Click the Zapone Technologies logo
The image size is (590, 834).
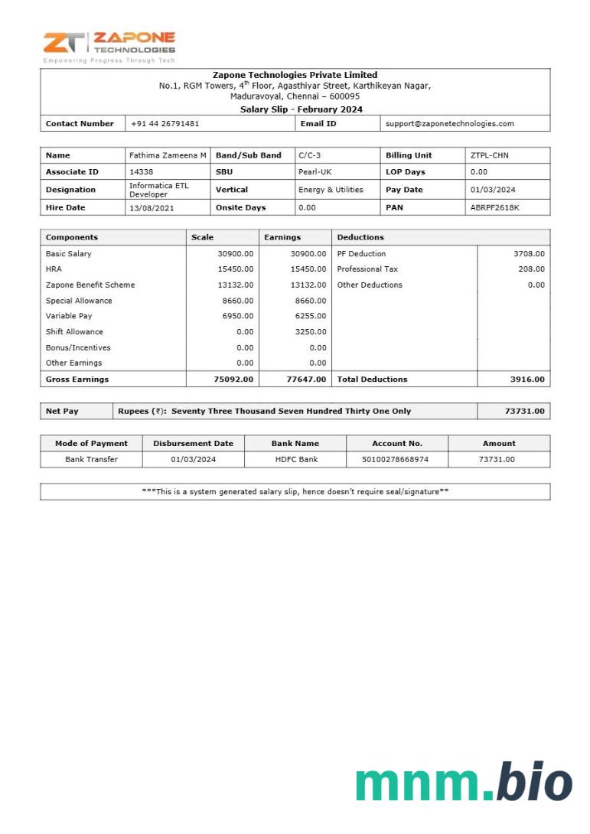tap(109, 46)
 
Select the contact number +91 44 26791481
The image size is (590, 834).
tap(165, 123)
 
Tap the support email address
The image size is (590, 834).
tap(449, 123)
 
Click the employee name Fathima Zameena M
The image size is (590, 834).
tap(168, 155)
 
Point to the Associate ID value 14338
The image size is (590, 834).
tap(142, 172)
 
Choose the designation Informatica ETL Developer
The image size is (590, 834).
tap(158, 190)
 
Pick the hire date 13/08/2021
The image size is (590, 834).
tap(150, 207)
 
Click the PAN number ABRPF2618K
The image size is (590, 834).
tap(494, 207)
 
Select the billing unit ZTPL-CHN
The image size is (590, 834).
tap(490, 155)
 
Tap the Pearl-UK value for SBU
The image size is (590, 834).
tap(315, 172)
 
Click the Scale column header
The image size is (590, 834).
tap(203, 237)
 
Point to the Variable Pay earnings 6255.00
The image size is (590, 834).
tap(311, 316)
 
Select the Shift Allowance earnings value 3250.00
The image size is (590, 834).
tap(311, 332)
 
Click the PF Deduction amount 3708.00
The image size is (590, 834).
tap(530, 253)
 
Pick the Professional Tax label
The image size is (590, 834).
tap(367, 269)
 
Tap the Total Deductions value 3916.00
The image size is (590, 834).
tap(528, 380)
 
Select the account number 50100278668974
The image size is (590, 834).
tap(396, 459)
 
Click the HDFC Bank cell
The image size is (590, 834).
tap(296, 459)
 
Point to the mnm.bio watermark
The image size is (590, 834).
tap(464, 782)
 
